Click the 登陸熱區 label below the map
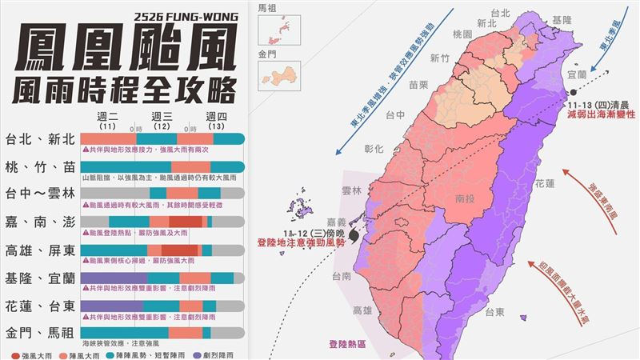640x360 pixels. [x=346, y=344]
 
